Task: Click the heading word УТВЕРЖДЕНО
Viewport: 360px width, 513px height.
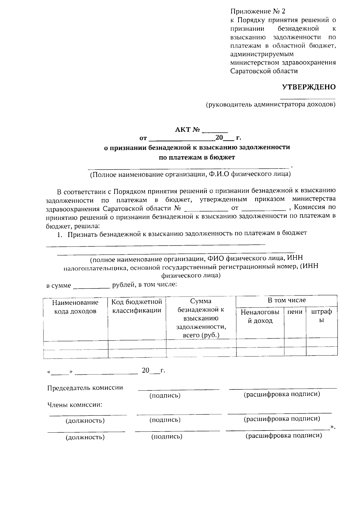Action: pyautogui.click(x=308, y=87)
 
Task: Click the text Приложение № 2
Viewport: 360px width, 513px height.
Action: pyautogui.click(x=258, y=11)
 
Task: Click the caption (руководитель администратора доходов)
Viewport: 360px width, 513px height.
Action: pyautogui.click(x=270, y=105)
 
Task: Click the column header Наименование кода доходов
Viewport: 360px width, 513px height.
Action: pyautogui.click(x=75, y=307)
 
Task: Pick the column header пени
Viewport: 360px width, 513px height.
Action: pyautogui.click(x=295, y=312)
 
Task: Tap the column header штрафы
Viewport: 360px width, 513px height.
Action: pyautogui.click(x=322, y=316)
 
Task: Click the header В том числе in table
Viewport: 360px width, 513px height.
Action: pyautogui.click(x=286, y=300)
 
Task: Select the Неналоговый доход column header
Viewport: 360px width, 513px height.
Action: pyautogui.click(x=260, y=316)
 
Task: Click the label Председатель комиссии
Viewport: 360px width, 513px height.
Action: pyautogui.click(x=85, y=388)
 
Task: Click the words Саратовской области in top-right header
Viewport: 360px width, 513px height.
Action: pyautogui.click(x=264, y=71)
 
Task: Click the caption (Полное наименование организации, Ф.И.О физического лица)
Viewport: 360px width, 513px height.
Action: pyautogui.click(x=190, y=174)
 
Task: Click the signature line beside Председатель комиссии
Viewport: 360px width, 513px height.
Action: pyautogui.click(x=178, y=389)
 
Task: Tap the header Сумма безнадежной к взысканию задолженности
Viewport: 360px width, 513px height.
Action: pyautogui.click(x=201, y=318)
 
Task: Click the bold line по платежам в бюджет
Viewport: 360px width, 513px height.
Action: pyautogui.click(x=197, y=157)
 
